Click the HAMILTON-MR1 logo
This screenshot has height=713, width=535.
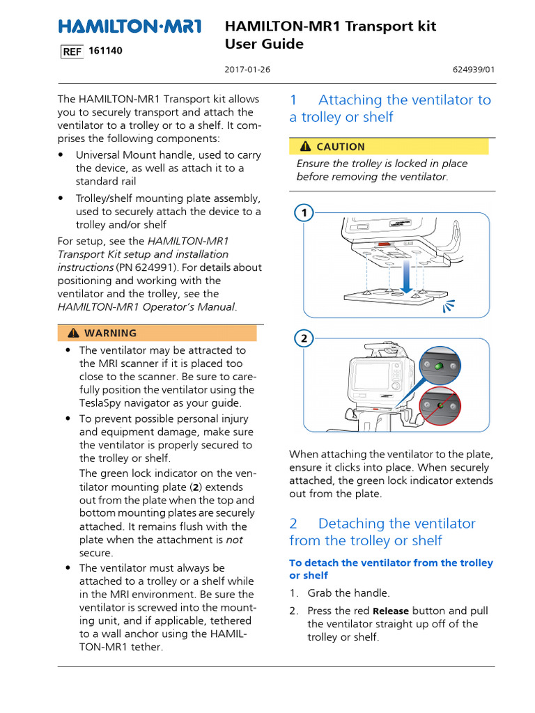[130, 26]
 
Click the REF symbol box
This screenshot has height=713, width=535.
[72, 52]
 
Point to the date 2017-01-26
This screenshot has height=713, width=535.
[243, 70]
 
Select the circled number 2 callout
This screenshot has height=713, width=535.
[304, 338]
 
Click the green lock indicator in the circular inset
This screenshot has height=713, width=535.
[438, 367]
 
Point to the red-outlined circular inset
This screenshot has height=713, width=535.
[439, 407]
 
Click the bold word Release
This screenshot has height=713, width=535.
[391, 611]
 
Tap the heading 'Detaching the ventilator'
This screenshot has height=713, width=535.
[396, 523]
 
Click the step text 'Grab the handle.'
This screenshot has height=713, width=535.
[349, 593]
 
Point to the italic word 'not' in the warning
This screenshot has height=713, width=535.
[234, 540]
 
